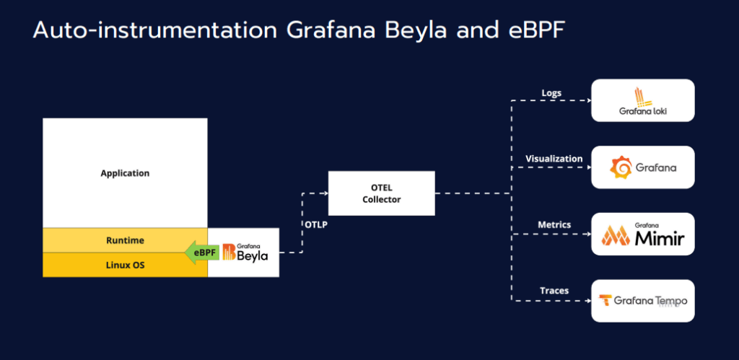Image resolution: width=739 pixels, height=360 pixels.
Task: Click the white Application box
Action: tap(125, 173)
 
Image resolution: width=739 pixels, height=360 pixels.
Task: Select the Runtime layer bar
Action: tap(125, 240)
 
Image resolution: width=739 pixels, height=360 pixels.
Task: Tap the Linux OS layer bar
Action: tap(125, 265)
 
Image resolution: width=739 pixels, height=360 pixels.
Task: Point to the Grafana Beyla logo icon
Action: tap(229, 252)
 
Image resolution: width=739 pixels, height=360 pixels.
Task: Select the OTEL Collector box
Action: tap(381, 193)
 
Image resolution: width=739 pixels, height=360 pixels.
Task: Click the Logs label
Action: tap(551, 93)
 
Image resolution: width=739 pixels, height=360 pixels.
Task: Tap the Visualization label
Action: tap(554, 159)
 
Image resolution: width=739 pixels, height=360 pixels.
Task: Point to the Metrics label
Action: tap(554, 225)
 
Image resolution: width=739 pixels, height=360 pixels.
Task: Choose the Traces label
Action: tap(554, 291)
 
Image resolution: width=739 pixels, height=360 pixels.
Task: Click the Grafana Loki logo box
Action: tap(643, 100)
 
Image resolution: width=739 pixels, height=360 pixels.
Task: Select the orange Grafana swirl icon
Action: tap(621, 167)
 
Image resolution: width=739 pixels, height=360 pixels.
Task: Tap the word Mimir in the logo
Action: tap(660, 238)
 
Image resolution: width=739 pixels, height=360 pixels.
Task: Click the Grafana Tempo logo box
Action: tap(643, 301)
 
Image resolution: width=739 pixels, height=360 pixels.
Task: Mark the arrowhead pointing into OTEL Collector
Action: tap(325, 193)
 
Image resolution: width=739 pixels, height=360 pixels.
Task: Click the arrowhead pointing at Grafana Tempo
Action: tap(588, 301)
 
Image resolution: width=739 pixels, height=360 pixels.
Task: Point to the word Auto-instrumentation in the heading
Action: tap(155, 30)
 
